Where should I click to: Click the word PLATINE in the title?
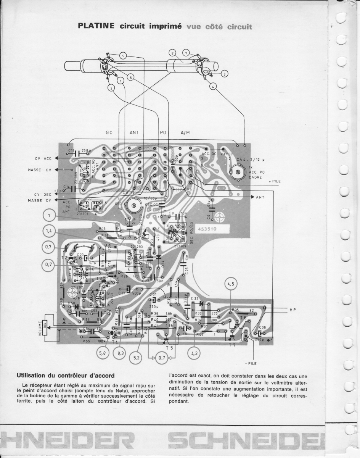pos(96,26)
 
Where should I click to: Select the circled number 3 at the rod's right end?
pos(225,74)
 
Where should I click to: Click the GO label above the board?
pos(109,132)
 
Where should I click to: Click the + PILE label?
pos(274,181)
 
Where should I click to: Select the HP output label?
pos(292,310)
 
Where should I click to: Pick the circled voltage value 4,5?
pos(230,284)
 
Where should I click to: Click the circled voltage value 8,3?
pos(121,353)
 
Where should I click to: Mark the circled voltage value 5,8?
pos(103,353)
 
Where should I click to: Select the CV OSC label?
pos(42,195)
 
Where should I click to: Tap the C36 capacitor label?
pos(262,327)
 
